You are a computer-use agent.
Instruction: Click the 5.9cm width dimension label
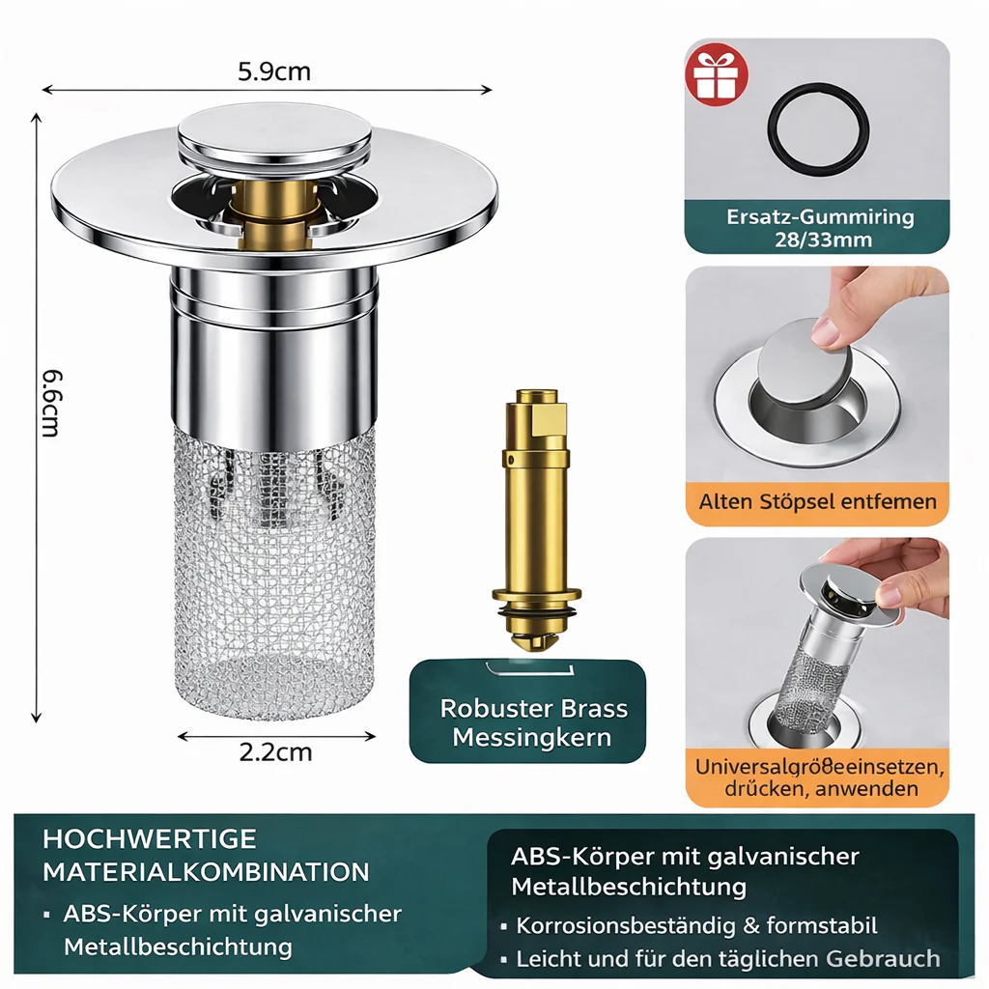[274, 71]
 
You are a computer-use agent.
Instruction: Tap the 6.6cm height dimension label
[52, 403]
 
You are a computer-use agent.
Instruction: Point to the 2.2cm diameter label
[275, 751]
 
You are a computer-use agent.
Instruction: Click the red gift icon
[717, 74]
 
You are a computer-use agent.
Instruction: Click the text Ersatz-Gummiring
[820, 217]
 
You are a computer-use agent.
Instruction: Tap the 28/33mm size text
[823, 240]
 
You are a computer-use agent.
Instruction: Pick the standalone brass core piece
[536, 521]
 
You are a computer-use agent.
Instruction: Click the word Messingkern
[532, 737]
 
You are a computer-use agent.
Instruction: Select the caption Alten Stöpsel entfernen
[817, 502]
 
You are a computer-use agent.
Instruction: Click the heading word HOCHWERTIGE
[150, 839]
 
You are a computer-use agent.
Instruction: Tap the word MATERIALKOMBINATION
[206, 872]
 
